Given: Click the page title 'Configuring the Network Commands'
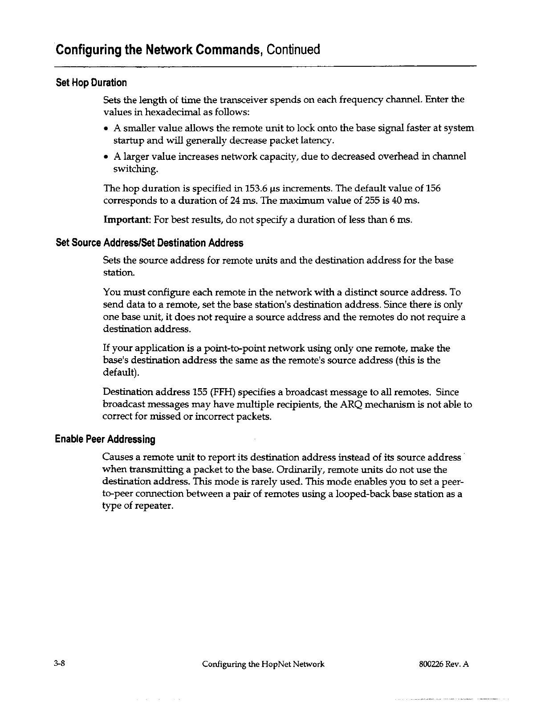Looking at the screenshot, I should pos(156,49).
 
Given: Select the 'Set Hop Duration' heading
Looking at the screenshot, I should pos(91,83).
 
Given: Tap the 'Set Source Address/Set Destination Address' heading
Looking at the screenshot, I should pos(149,243).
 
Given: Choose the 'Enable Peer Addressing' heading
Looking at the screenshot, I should pos(105,440).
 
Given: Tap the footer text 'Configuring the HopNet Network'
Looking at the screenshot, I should pos(263,665).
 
